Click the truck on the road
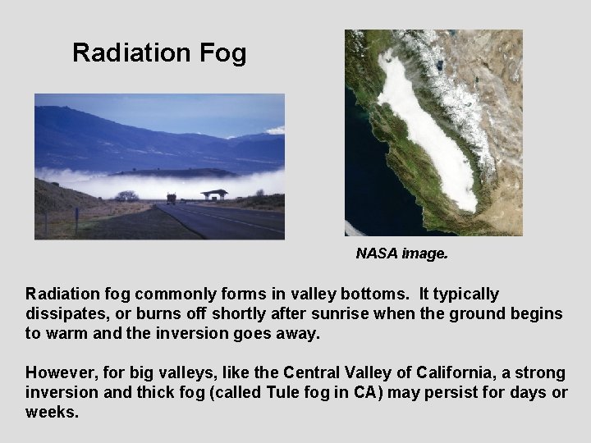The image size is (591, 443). [x=172, y=198]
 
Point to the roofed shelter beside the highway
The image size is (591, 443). [x=214, y=194]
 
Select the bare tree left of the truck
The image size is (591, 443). [x=126, y=196]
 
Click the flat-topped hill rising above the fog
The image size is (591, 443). [x=176, y=172]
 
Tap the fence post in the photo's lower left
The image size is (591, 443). [x=76, y=219]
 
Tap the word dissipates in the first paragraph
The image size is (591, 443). [x=62, y=313]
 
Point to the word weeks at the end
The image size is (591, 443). [x=51, y=412]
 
